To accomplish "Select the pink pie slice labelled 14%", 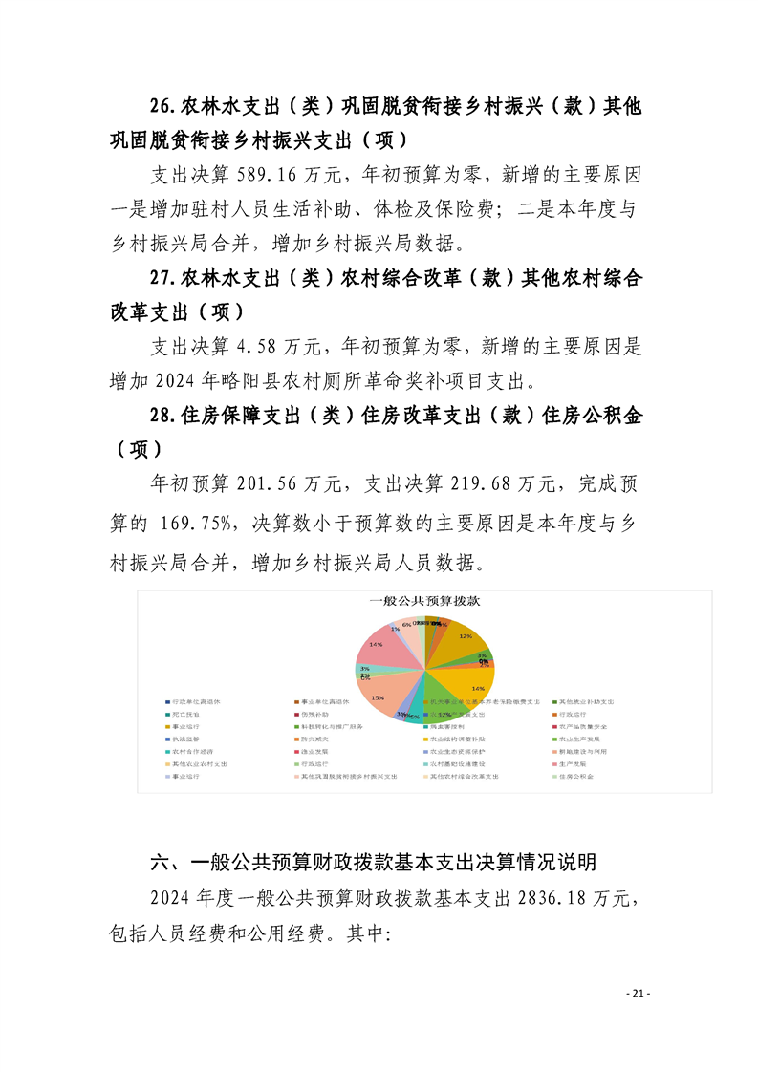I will coord(385,652).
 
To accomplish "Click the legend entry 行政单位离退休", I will coord(196,702).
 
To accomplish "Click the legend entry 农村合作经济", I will coord(192,752).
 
